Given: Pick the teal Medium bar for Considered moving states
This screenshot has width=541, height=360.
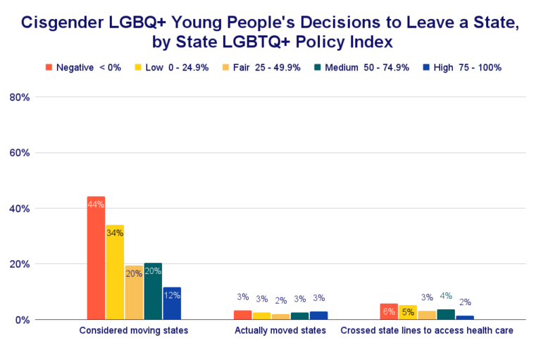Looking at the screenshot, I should (153, 292).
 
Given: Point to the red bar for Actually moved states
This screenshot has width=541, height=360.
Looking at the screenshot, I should (242, 315).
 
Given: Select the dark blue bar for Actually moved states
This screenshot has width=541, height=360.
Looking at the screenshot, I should (318, 316).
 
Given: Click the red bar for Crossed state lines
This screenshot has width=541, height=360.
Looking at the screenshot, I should (389, 311).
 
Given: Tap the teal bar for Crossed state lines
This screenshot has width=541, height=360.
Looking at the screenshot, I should (446, 314).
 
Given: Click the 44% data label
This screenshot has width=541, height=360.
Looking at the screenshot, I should (96, 204).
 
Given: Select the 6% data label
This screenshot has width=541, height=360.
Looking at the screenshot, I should (389, 311).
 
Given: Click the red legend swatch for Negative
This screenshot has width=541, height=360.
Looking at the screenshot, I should (49, 68).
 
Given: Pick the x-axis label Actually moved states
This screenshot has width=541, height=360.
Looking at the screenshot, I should (280, 330).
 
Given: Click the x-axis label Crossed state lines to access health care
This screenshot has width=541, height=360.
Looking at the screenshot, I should (427, 330).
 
